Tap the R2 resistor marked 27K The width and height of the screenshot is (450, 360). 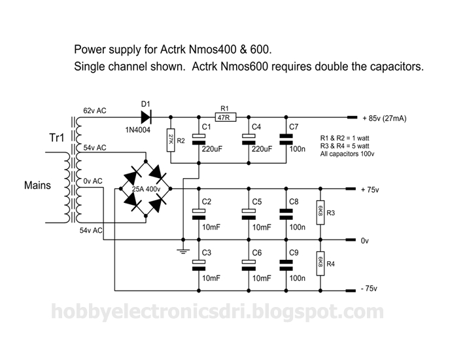171,139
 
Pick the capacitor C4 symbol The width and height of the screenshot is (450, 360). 249,139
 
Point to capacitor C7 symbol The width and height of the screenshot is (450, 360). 286,139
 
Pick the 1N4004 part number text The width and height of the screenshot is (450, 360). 139,130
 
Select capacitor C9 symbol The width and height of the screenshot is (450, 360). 286,264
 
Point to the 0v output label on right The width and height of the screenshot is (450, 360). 365,241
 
